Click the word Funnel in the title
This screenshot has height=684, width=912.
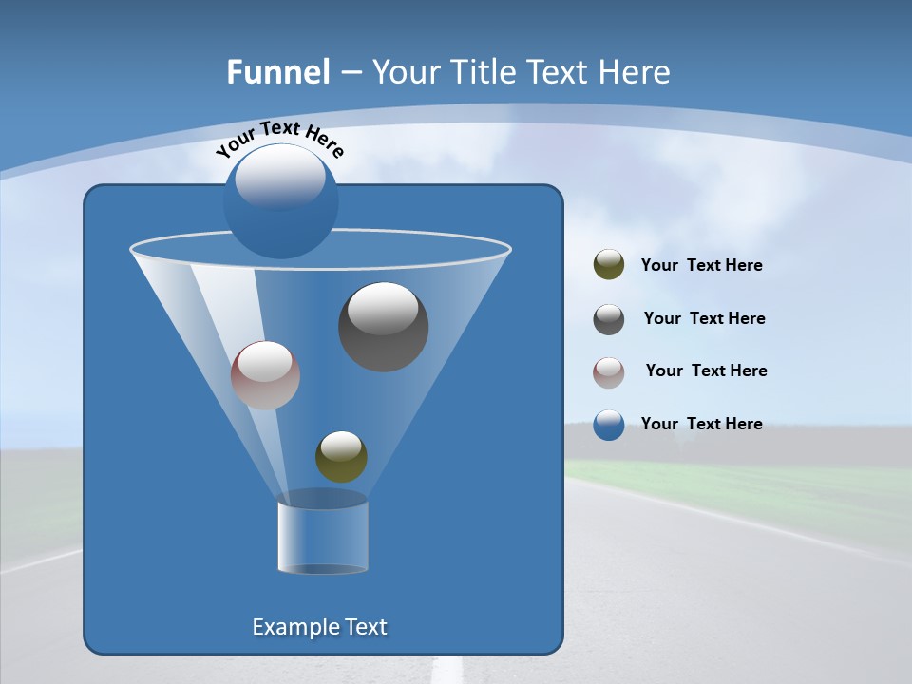click(x=278, y=72)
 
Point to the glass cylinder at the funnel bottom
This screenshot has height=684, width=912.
click(x=323, y=537)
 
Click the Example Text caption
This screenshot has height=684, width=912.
click(x=320, y=627)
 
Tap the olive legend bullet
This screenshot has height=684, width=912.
click(x=609, y=265)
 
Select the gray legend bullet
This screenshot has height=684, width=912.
click(x=609, y=319)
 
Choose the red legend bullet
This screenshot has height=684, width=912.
click(x=609, y=371)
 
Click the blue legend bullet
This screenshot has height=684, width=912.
click(x=609, y=425)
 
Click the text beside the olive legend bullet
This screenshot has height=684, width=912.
click(x=701, y=265)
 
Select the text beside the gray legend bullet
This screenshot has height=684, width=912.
click(x=704, y=318)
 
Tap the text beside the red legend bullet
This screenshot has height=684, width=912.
click(x=706, y=370)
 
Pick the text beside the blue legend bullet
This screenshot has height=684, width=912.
click(x=701, y=424)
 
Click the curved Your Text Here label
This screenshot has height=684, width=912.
click(x=279, y=139)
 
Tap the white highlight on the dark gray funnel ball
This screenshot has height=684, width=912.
click(x=383, y=308)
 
